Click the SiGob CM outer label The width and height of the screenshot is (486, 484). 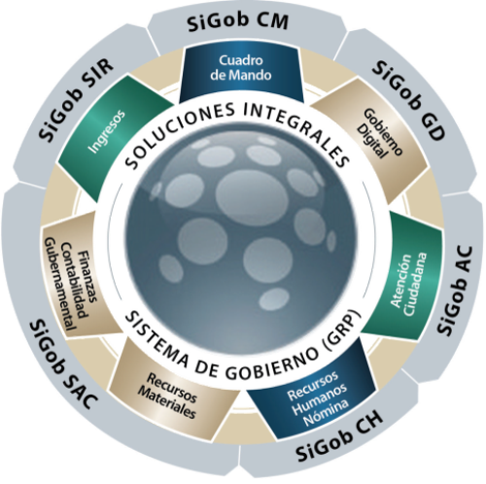(x=238, y=22)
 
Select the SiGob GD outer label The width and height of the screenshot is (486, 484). (x=409, y=100)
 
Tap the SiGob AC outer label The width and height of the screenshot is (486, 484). (x=455, y=291)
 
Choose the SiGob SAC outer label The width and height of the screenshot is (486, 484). (x=62, y=364)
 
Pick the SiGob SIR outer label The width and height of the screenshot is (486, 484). (x=76, y=99)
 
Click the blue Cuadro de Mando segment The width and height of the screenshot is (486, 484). (x=241, y=74)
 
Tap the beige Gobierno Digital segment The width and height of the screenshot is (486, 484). (x=370, y=139)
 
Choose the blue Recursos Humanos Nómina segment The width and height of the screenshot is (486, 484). (x=314, y=390)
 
